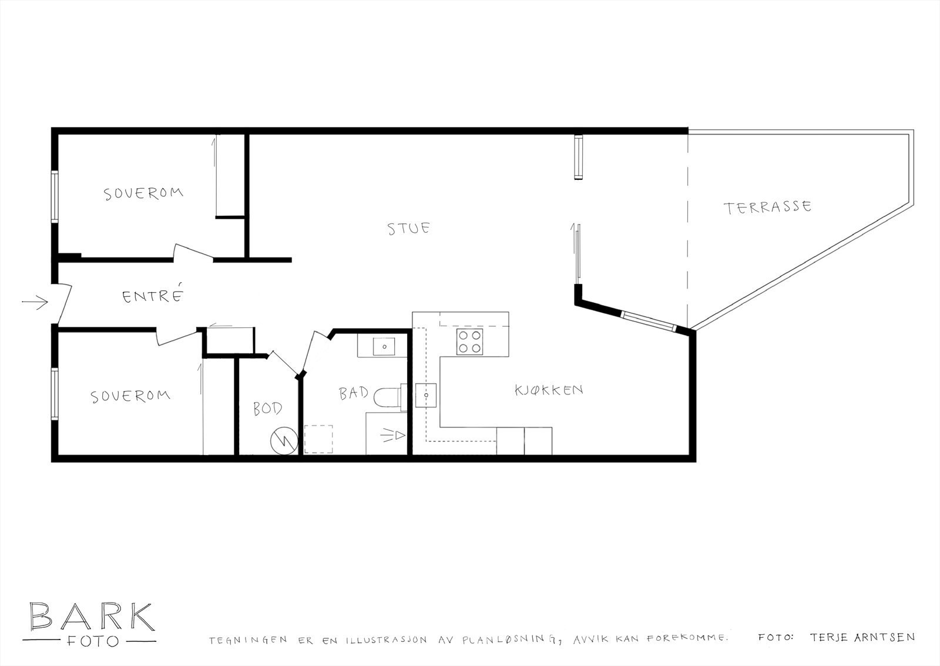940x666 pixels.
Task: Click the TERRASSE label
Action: (767, 207)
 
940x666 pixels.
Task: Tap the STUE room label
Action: (409, 227)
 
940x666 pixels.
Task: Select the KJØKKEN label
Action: (549, 390)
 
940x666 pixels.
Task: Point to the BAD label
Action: (354, 393)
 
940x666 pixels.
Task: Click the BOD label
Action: (267, 408)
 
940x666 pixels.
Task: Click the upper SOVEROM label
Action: (143, 193)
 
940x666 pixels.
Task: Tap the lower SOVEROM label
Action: (130, 396)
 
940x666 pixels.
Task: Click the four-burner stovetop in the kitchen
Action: (470, 342)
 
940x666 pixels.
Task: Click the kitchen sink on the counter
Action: (425, 395)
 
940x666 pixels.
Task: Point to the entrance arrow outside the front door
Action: (35, 303)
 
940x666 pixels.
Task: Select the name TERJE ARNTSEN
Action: (862, 637)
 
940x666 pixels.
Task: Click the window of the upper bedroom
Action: (55, 197)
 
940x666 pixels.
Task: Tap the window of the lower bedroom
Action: (55, 394)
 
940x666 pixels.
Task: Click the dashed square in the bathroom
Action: (318, 439)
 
